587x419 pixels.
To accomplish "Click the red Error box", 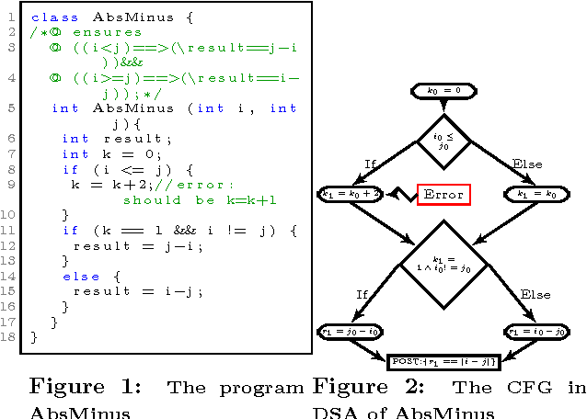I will tap(443, 194).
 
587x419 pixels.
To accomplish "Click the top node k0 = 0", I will tap(450, 90).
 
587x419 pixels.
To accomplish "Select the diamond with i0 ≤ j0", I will tap(444, 141).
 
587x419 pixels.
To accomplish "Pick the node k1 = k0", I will tap(531, 194).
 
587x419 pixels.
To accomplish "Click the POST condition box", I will tap(443, 361).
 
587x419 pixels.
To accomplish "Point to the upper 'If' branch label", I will tap(371, 164).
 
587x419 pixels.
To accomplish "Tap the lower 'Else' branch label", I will tap(535, 294).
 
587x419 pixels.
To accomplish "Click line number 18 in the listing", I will tap(9, 337).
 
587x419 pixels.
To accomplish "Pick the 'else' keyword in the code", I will tap(78, 276).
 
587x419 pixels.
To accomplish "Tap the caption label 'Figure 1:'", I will tap(85, 386).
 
